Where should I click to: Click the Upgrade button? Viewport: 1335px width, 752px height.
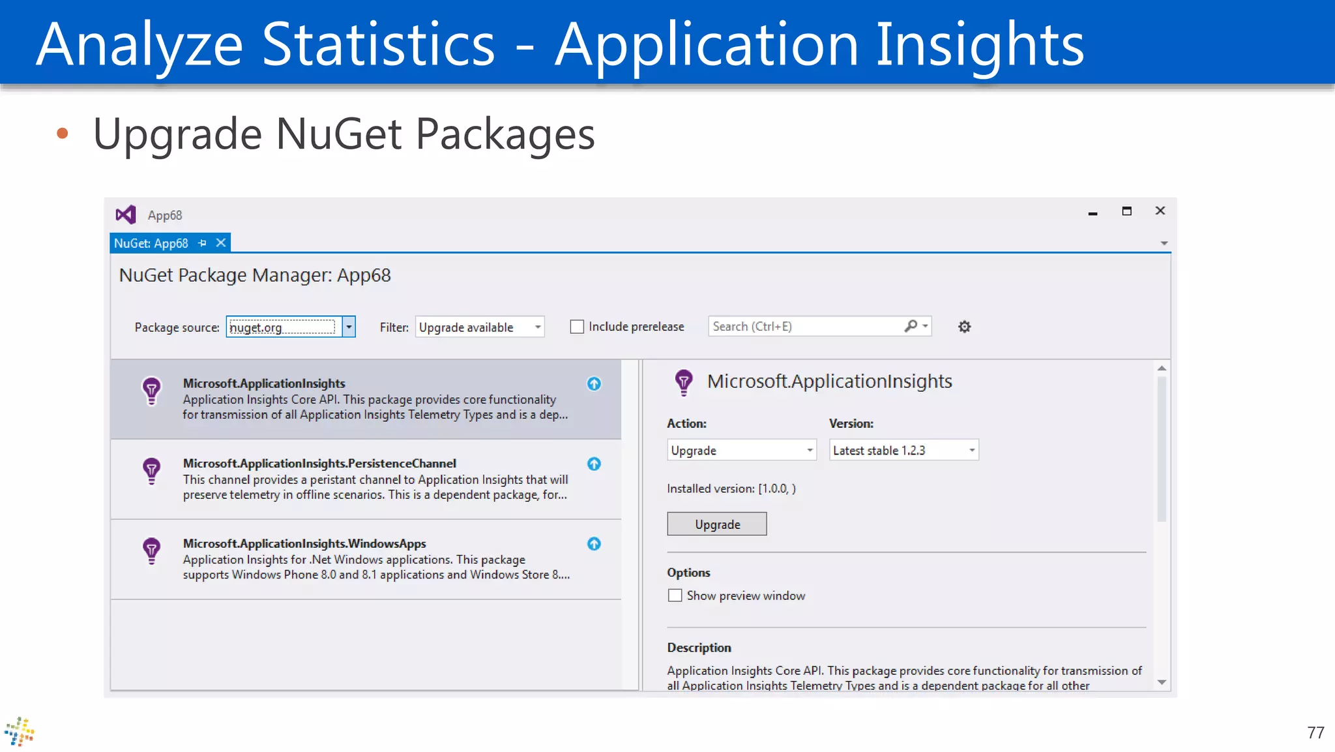tap(716, 524)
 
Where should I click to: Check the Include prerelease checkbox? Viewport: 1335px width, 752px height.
tap(577, 327)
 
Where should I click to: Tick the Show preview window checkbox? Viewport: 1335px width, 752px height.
tap(675, 595)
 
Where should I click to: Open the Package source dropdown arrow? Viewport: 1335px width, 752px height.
tap(349, 327)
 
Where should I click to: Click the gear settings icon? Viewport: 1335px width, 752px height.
tap(964, 327)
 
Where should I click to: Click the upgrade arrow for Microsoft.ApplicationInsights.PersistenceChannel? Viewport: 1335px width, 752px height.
tap(594, 464)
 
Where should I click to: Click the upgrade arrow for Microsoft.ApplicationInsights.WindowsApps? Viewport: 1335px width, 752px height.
tap(594, 544)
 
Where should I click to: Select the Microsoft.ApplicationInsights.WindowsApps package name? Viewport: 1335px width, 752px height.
tap(304, 543)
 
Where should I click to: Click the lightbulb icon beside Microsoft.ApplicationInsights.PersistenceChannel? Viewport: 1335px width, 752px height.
tap(151, 471)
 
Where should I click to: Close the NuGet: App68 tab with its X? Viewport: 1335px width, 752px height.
tap(221, 243)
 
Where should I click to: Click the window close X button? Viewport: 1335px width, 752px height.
tap(1160, 211)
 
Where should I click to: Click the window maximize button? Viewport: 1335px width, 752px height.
tap(1126, 211)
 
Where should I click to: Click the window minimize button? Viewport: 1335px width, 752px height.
tap(1093, 213)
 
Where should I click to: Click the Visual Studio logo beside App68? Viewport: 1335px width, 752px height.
tap(126, 215)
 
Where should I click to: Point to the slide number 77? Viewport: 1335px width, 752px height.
tap(1315, 732)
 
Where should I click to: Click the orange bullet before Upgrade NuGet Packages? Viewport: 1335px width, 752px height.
tap(63, 134)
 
